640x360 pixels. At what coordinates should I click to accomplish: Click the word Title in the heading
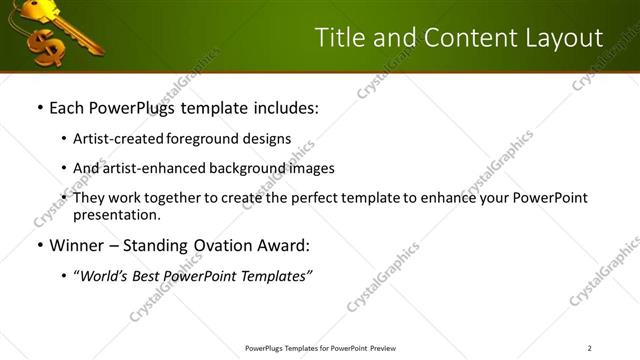coord(340,38)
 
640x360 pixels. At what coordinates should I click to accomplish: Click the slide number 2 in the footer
coord(589,348)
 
